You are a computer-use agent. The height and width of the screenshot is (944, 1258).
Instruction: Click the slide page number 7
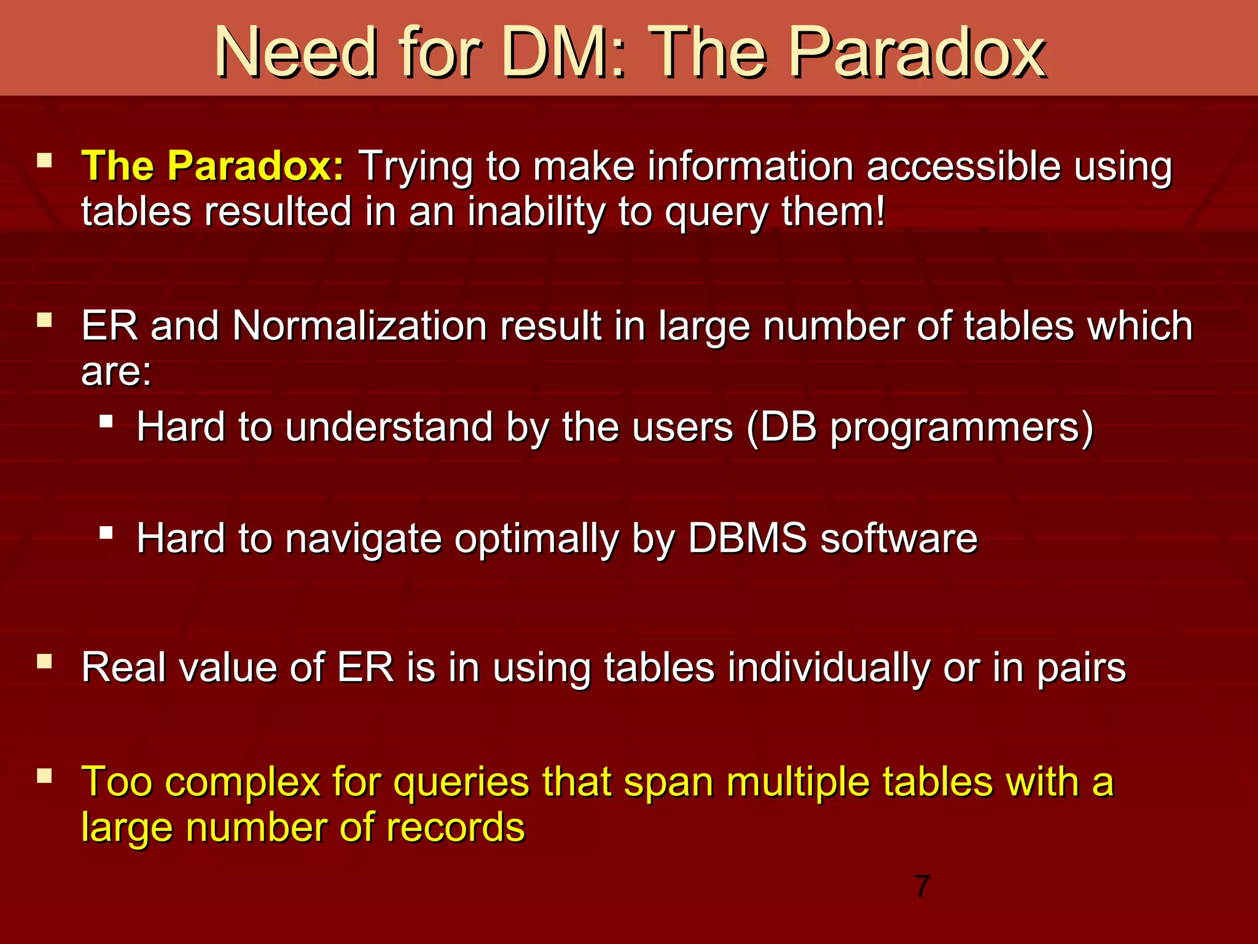tap(922, 886)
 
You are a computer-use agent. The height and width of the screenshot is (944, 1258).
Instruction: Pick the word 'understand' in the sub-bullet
tap(389, 427)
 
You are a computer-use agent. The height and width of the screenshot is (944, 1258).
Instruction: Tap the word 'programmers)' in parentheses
tap(962, 428)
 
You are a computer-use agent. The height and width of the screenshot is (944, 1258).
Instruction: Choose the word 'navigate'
tap(364, 539)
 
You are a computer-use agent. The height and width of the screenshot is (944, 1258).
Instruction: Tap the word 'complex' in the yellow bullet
tap(242, 782)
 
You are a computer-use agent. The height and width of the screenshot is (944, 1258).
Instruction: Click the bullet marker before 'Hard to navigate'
tap(106, 532)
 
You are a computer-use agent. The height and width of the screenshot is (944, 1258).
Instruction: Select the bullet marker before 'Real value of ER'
tap(44, 661)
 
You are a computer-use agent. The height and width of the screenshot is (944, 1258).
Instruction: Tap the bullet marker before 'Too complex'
tap(44, 776)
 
